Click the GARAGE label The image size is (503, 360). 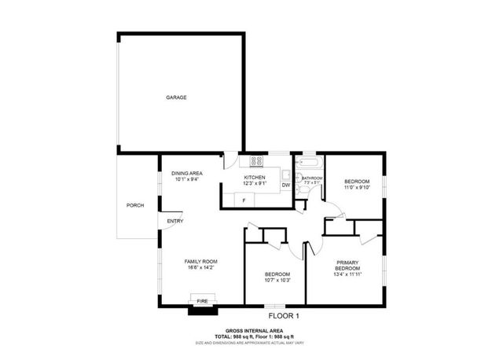176,97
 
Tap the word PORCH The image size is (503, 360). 135,206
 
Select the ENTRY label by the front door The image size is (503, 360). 174,222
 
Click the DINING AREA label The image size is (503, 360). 188,173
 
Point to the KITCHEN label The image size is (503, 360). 255,178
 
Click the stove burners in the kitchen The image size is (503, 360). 256,161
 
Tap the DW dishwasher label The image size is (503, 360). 286,186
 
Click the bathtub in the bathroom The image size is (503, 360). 307,163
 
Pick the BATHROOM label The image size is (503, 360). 312,178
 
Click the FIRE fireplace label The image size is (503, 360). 202,300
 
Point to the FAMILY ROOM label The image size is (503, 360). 200,261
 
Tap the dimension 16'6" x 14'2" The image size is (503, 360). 200,268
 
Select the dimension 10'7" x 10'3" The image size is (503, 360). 277,280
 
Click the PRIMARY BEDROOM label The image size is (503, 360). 347,266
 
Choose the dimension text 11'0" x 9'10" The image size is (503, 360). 356,188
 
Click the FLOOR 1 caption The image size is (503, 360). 284,316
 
